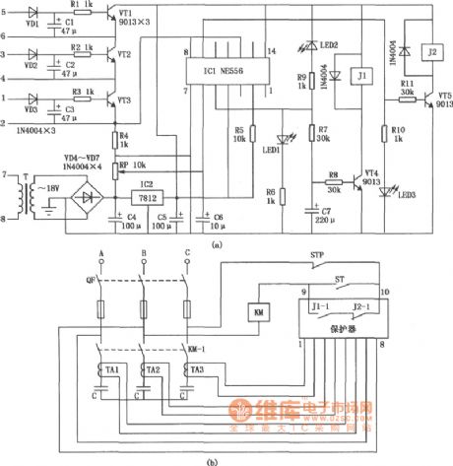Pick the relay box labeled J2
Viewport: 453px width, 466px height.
(428, 50)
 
